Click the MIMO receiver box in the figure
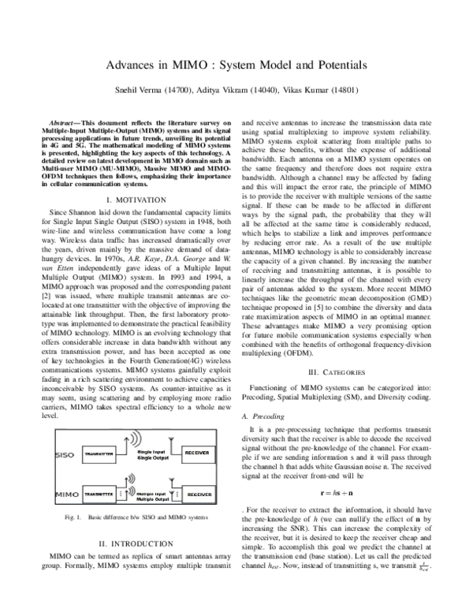(196, 493)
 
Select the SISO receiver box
(196, 455)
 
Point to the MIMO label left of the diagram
(65, 493)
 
